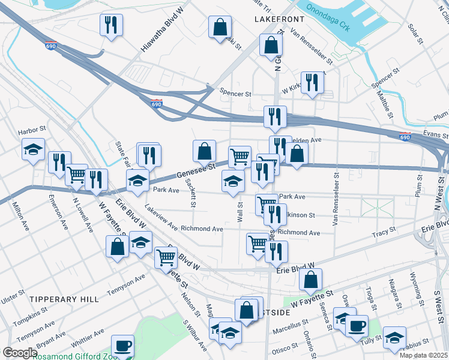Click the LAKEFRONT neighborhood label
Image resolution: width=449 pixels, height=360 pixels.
pos(279,19)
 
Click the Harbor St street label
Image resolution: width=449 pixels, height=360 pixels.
pos(32,129)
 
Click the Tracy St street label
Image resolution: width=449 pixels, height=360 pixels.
pos(385,231)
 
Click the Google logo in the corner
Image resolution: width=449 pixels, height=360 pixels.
pos(20,353)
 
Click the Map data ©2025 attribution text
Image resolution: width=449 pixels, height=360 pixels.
pos(422,355)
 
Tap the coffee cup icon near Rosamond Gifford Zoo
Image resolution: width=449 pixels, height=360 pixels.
pos(123,346)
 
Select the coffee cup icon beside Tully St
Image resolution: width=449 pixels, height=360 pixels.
pos(357,326)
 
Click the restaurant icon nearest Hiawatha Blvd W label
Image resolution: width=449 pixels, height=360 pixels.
pos(110,25)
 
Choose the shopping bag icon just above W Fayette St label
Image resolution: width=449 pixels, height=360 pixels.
pos(310,279)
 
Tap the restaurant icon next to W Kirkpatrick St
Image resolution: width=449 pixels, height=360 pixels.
pos(312,82)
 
